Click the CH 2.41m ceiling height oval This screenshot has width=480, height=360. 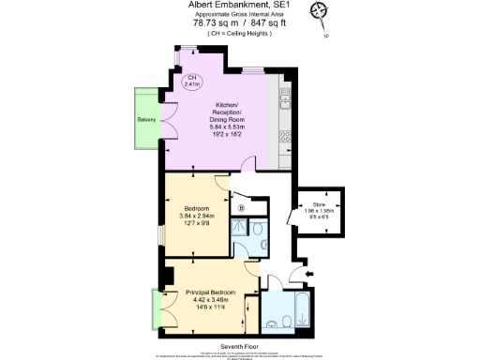pyautogui.click(x=192, y=82)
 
